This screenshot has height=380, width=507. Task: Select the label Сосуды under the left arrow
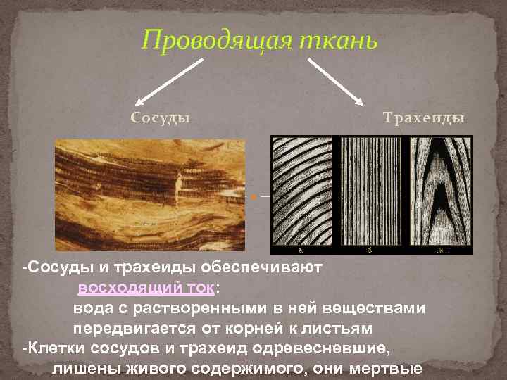click(x=161, y=117)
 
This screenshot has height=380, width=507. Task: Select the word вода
click(x=92, y=309)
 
